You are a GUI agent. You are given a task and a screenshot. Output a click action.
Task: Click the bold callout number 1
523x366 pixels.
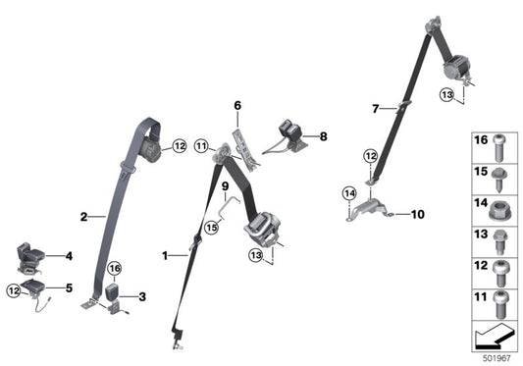pos(166,255)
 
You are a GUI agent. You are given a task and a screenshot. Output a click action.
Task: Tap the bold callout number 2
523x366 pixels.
pos(83,216)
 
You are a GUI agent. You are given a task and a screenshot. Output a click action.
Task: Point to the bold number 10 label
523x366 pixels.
pos(417,213)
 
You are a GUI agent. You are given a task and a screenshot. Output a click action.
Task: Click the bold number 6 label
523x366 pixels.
pos(236,105)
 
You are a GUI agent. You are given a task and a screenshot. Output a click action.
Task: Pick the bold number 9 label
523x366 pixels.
pos(224,186)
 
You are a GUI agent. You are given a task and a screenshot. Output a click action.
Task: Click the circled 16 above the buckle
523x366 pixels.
pos(114,268)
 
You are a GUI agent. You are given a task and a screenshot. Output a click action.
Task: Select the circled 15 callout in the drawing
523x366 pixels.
pos(211,229)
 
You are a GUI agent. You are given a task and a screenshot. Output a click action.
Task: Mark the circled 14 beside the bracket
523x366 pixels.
pos(348,192)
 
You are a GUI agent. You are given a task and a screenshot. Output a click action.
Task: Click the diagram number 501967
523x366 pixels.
pos(496,356)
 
